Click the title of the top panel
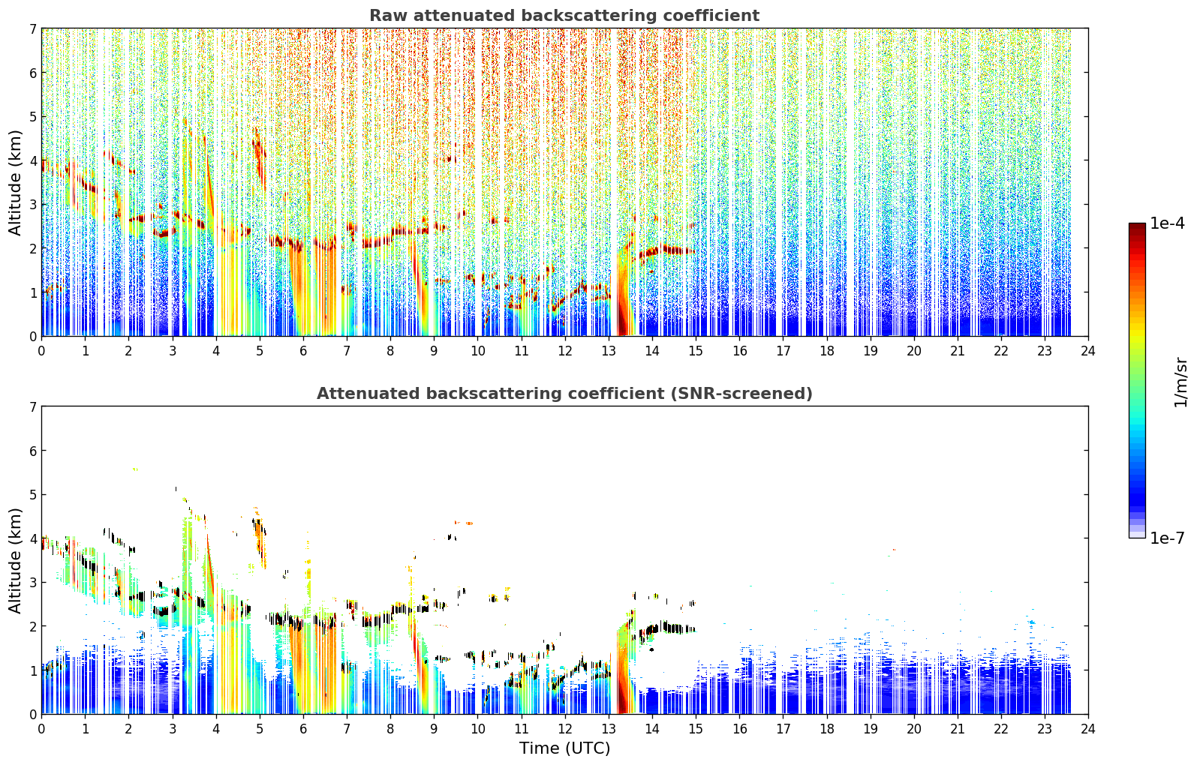click(564, 16)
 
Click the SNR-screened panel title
click(564, 393)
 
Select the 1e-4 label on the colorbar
click(1167, 223)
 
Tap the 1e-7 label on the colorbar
click(1167, 538)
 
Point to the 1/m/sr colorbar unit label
click(1180, 382)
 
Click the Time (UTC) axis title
click(564, 748)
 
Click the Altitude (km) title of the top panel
click(15, 183)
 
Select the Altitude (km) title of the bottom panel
click(15, 560)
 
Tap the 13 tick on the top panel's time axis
click(609, 351)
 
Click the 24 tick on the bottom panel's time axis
click(1088, 729)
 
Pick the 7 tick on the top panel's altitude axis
click(33, 28)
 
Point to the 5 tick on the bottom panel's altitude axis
click(33, 495)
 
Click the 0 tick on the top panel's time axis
click(42, 351)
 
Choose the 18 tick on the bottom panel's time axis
click(827, 729)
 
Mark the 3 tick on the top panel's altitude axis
click(33, 205)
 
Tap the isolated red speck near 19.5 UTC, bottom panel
click(894, 550)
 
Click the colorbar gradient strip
click(1137, 380)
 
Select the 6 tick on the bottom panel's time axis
click(303, 729)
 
